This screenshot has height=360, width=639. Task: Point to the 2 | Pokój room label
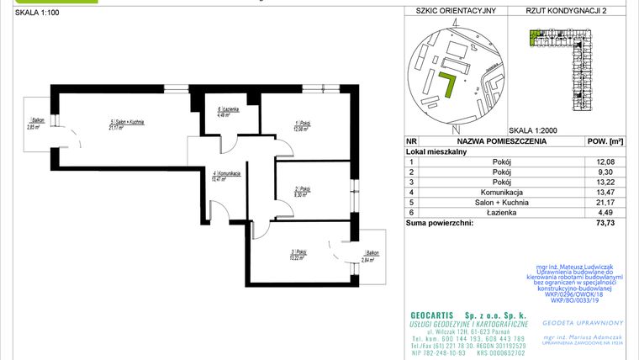(301, 191)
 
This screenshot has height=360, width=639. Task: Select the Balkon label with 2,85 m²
(34, 124)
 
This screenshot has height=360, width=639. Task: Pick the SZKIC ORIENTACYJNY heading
(451, 11)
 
